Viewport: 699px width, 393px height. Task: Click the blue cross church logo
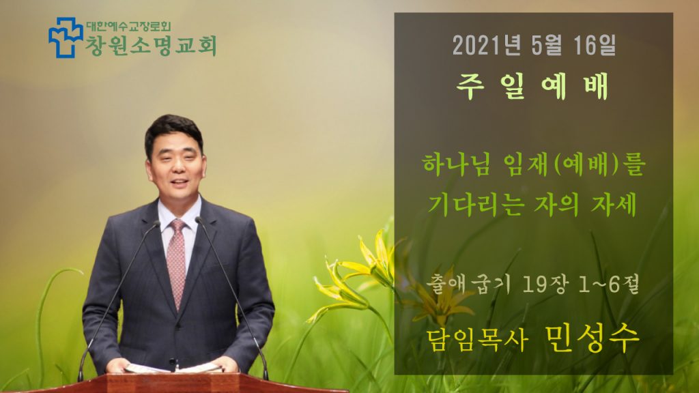(x=66, y=38)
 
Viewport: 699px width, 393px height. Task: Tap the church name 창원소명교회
(x=151, y=46)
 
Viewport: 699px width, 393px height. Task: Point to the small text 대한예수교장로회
(x=128, y=27)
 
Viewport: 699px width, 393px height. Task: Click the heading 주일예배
(x=532, y=86)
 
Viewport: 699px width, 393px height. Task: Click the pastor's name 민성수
(x=592, y=338)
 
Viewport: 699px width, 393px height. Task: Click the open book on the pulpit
(x=174, y=368)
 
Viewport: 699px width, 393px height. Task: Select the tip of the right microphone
(x=199, y=220)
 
